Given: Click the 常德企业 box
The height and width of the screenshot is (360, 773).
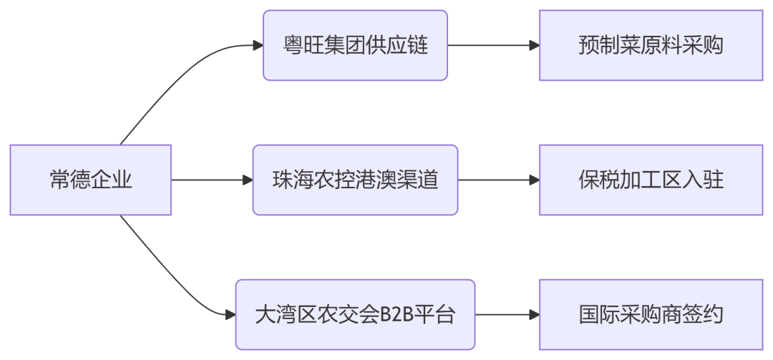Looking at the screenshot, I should (91, 180).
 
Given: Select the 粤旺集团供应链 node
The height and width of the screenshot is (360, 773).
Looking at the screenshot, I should (355, 45).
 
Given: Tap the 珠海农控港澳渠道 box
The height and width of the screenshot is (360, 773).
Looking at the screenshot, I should (355, 180).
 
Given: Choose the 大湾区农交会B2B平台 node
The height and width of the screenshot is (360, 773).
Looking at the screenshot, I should (355, 314).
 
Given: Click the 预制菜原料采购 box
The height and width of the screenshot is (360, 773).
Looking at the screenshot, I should (651, 45).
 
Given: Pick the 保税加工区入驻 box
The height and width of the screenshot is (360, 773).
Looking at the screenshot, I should (651, 180).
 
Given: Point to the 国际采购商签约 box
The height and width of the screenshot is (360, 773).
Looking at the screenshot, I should (651, 314).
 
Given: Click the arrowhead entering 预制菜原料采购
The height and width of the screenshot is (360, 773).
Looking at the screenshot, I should (534, 45).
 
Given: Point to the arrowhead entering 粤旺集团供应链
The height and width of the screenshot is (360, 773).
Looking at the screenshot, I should (258, 45).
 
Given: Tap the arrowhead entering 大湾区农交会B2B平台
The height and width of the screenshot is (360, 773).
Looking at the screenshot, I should (230, 314).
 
